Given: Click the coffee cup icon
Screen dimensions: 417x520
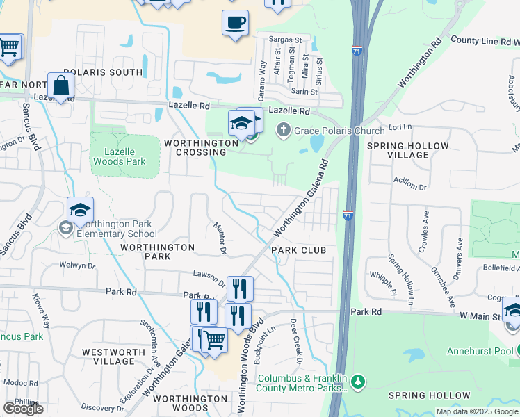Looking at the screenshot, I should click(235, 22).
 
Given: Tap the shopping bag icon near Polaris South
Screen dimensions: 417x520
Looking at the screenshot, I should click(61, 86).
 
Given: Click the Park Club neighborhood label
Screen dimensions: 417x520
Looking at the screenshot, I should click(298, 250).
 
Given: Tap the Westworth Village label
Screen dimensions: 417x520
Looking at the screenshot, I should click(113, 357).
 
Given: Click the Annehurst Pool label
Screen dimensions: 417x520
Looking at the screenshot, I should click(482, 350).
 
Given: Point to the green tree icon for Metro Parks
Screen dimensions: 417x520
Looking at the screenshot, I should click(358, 382).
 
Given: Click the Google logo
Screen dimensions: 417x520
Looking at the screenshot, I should click(22, 409).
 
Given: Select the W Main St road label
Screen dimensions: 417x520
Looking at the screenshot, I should click(480, 316).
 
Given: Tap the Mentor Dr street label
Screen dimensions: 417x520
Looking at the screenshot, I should click(219, 239).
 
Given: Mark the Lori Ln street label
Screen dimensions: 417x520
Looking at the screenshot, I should click(396, 128).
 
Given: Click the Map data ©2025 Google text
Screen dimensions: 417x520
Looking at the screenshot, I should click(477, 411).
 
